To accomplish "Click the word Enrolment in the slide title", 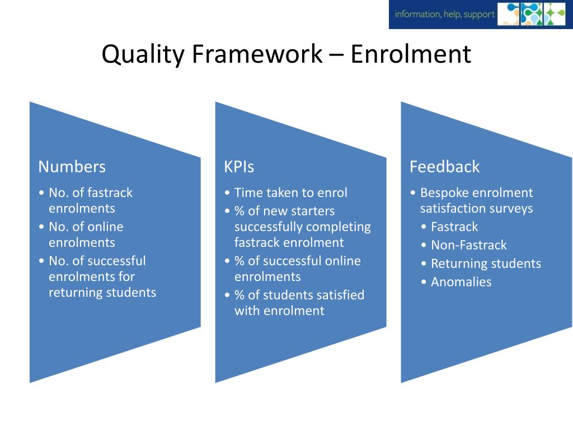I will (411, 55).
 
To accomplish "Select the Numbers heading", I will (72, 167).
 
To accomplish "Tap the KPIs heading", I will (239, 167).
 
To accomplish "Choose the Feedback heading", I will (444, 167).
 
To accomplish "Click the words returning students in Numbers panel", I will (102, 292).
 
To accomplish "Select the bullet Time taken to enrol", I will (290, 193).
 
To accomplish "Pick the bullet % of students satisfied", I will (299, 295).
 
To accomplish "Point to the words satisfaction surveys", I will (476, 209).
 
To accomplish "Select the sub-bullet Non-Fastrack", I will (468, 245).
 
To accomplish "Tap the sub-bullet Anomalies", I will (461, 282).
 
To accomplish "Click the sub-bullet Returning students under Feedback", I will (485, 264).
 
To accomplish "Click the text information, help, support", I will (444, 15).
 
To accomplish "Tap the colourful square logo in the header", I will (532, 14).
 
